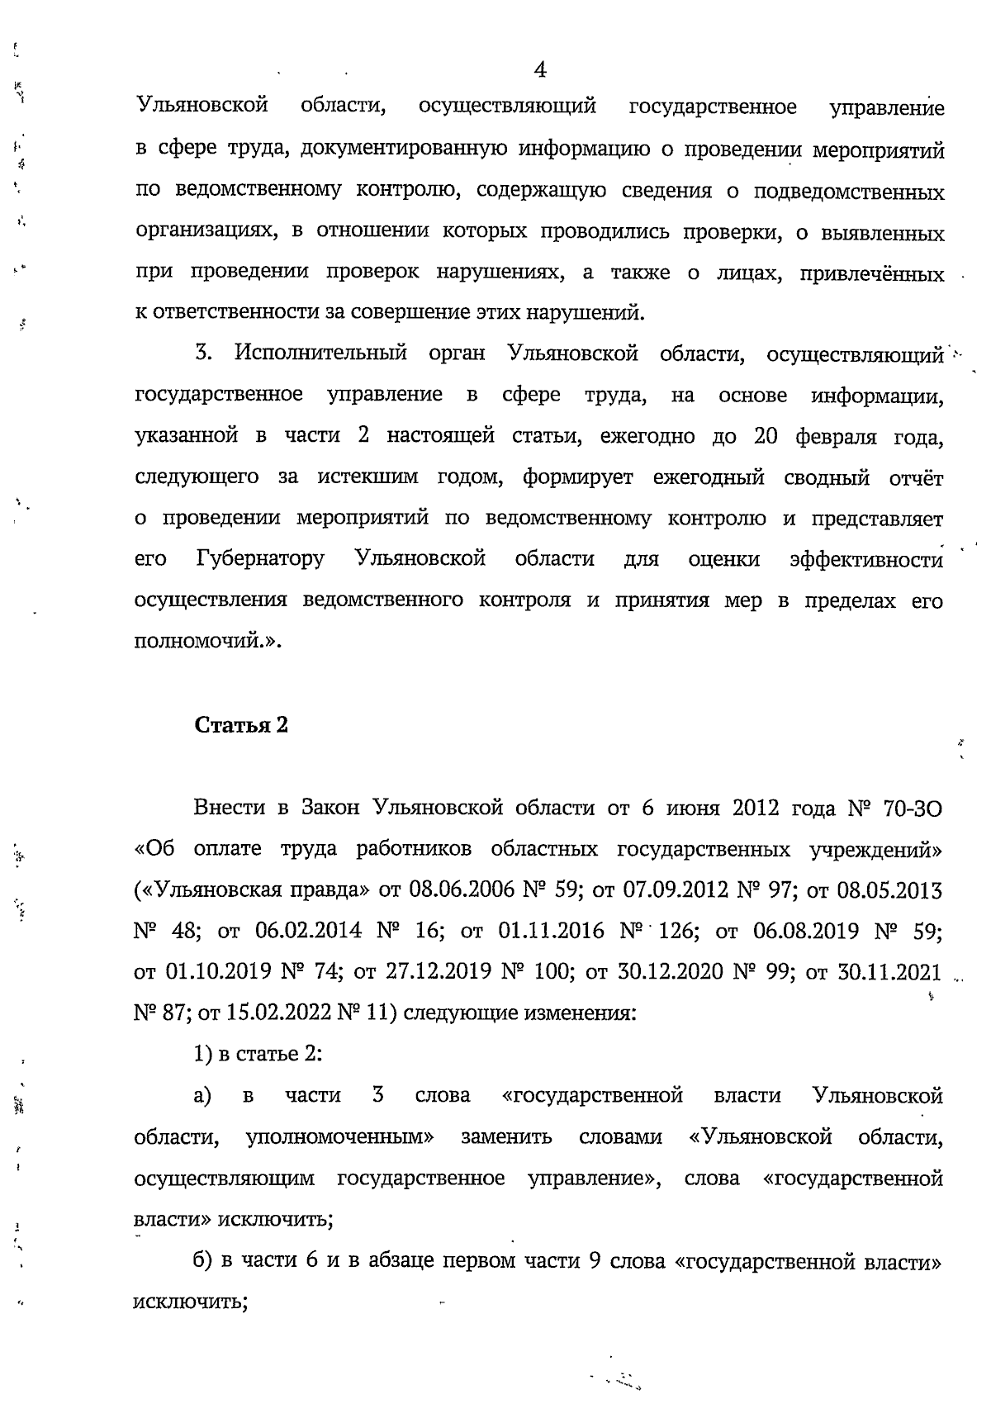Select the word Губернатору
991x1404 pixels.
click(261, 559)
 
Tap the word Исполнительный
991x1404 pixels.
click(321, 354)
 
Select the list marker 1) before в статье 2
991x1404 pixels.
click(203, 1054)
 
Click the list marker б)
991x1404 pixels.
click(203, 1262)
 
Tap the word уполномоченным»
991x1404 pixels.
click(340, 1137)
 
